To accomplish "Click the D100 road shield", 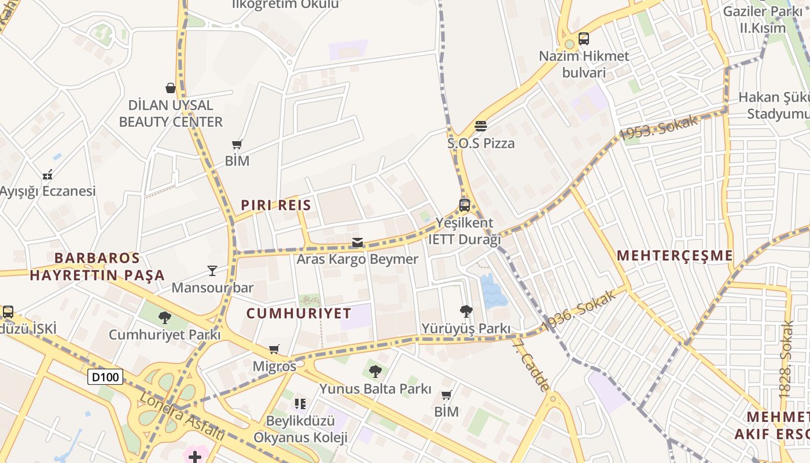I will [105, 377].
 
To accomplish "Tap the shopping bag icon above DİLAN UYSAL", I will [171, 88].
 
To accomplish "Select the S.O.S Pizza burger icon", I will [481, 126].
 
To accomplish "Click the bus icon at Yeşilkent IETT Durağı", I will [465, 205].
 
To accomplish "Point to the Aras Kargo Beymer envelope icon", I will [358, 242].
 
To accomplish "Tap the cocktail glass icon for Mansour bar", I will [212, 270].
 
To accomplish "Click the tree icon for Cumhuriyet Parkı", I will [165, 317].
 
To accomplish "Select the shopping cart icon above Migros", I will [274, 350].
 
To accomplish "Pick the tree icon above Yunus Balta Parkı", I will [375, 371].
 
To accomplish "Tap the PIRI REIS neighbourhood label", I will [276, 205].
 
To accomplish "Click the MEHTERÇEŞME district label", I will [675, 255].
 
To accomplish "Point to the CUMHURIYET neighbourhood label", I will [299, 314].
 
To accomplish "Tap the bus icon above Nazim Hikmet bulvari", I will [584, 39].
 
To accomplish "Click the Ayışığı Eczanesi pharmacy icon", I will [47, 174].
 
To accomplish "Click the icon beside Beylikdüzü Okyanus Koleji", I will [300, 403].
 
